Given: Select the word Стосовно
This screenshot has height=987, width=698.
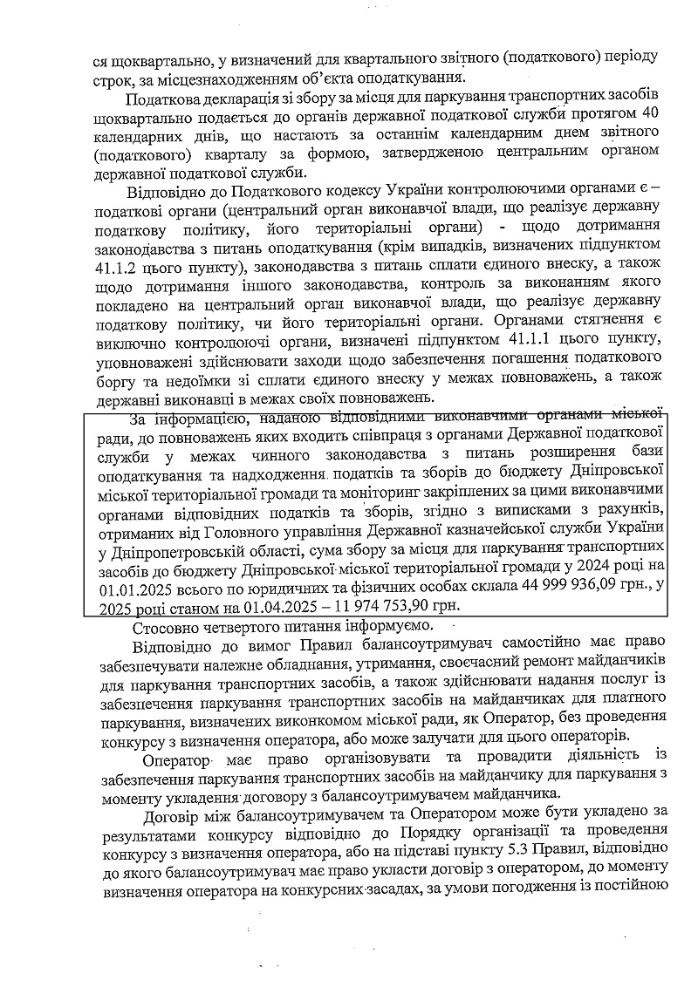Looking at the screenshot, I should (x=165, y=628).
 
